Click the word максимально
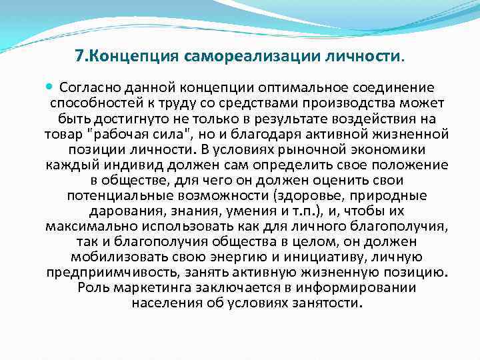click(x=83, y=226)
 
